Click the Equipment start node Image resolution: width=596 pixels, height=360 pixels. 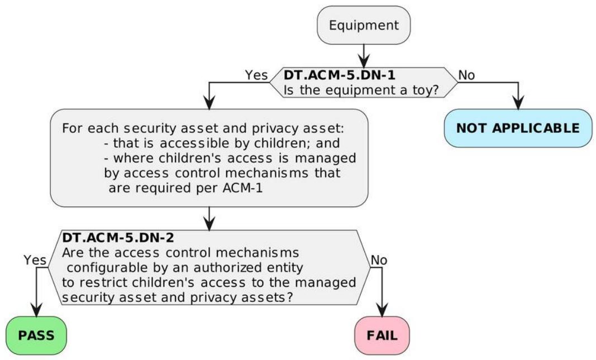(364, 25)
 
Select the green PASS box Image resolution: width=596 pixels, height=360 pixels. (36, 335)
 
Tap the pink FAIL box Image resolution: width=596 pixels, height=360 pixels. (382, 335)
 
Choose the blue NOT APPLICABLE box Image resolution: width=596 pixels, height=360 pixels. (518, 128)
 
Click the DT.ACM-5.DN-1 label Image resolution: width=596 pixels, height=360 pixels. (340, 75)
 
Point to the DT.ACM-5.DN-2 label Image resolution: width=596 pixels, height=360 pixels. (118, 238)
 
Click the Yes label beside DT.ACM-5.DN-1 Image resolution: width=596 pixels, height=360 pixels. (256, 75)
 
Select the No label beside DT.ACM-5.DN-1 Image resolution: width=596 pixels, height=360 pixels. (466, 75)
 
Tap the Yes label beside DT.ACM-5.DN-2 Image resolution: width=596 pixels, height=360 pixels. (35, 260)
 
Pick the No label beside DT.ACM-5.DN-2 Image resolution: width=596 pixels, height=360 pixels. (379, 260)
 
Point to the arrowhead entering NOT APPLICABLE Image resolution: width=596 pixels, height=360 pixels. (518, 103)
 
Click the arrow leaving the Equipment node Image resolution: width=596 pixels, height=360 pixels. (364, 56)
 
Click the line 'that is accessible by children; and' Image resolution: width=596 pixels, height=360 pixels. (222, 143)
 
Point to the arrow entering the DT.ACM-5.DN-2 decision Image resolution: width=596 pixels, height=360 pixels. (209, 219)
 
